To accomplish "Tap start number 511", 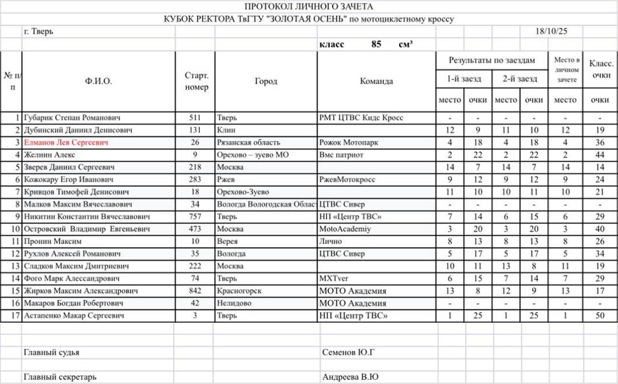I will pyautogui.click(x=196, y=117).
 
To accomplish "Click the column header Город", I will pyautogui.click(x=266, y=81).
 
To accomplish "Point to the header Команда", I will pyautogui.click(x=376, y=81).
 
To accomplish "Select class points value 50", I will pyautogui.click(x=600, y=316).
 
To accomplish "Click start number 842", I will pyautogui.click(x=196, y=291).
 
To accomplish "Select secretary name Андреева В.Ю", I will pyautogui.click(x=350, y=376).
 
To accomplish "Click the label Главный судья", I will pyautogui.click(x=51, y=352).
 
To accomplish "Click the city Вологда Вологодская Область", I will pyautogui.click(x=266, y=204).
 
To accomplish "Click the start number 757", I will pyautogui.click(x=196, y=216).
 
